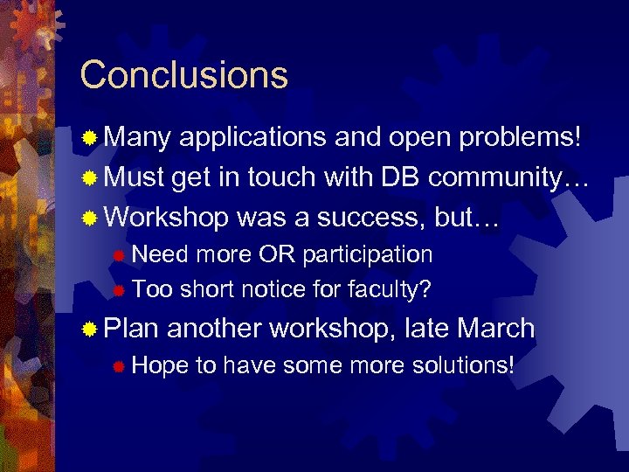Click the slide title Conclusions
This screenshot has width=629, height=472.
[183, 75]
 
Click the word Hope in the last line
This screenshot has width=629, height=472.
[161, 365]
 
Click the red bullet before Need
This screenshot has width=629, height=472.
[120, 255]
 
